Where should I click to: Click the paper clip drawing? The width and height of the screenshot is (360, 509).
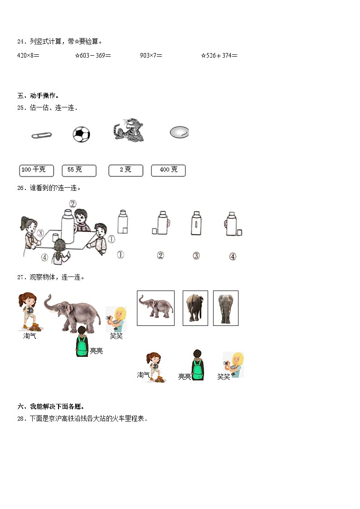click(x=42, y=135)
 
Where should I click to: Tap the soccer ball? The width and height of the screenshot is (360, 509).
click(x=81, y=135)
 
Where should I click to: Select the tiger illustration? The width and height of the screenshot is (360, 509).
click(x=129, y=130)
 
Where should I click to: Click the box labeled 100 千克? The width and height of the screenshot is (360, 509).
click(x=37, y=170)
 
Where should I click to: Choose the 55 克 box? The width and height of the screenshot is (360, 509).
click(x=79, y=170)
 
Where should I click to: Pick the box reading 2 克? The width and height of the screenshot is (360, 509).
click(x=126, y=170)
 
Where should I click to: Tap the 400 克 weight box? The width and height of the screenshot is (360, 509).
click(x=169, y=170)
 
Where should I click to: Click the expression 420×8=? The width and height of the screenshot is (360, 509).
click(x=28, y=55)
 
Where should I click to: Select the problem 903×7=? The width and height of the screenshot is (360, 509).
click(x=151, y=55)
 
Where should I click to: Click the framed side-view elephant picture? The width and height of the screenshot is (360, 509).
click(x=156, y=308)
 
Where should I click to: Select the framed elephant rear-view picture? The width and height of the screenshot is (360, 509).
click(x=195, y=308)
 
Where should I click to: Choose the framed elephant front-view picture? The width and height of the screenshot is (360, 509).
click(x=226, y=308)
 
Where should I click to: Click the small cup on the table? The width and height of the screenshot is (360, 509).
click(x=55, y=238)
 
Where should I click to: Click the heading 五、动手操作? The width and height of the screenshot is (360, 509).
click(x=38, y=96)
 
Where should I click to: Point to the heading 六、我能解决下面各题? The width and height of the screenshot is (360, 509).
click(x=51, y=407)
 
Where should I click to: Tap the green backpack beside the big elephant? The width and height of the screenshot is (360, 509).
click(x=82, y=346)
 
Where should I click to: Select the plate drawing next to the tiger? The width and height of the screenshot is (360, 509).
click(x=180, y=132)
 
